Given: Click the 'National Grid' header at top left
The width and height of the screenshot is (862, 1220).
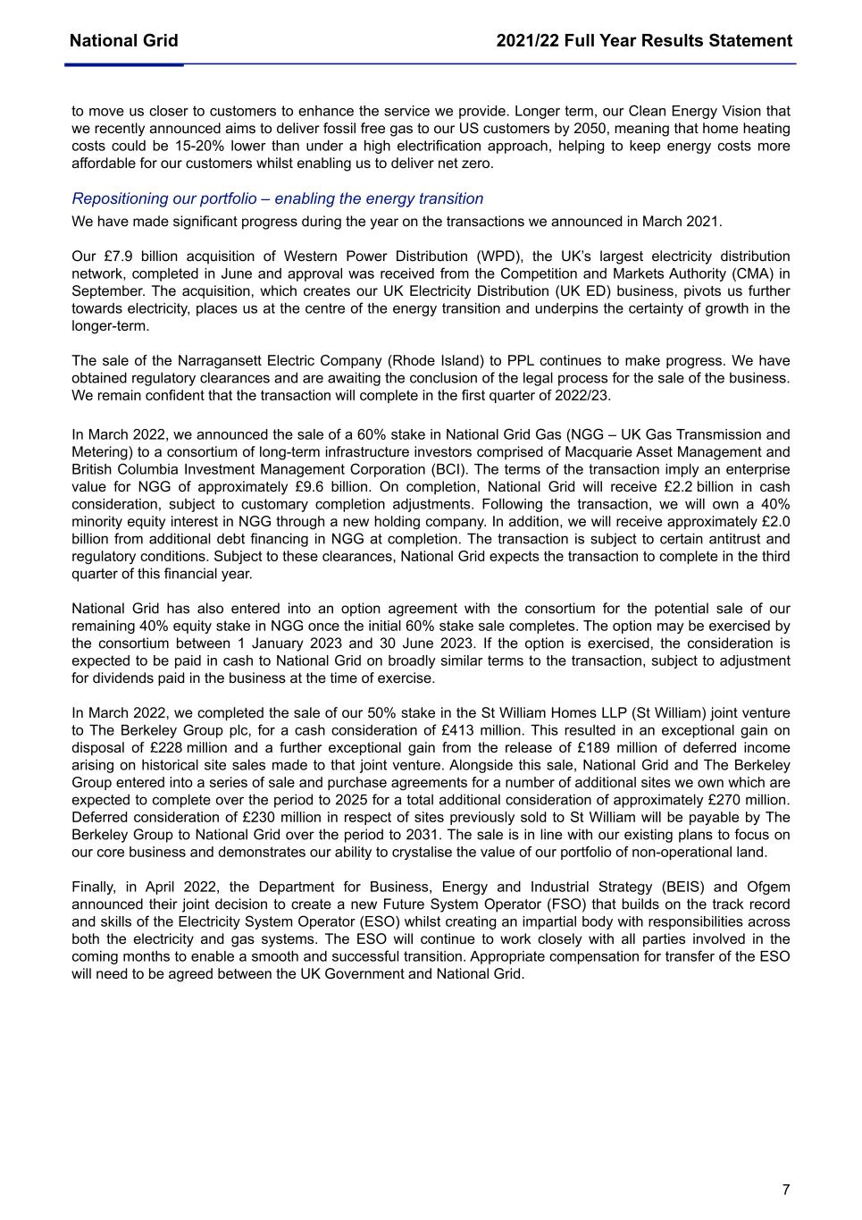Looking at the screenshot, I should (123, 41).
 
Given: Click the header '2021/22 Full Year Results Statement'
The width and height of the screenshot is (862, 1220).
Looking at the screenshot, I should (644, 41).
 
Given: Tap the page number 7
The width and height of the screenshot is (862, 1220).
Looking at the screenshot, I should (786, 1190).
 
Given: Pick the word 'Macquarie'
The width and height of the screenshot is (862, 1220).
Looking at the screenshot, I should (579, 452).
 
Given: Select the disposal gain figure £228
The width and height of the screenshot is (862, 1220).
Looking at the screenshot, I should (166, 748).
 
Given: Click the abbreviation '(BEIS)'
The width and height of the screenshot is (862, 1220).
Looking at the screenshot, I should (680, 888).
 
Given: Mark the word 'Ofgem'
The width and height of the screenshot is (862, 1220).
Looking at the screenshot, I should (770, 888).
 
